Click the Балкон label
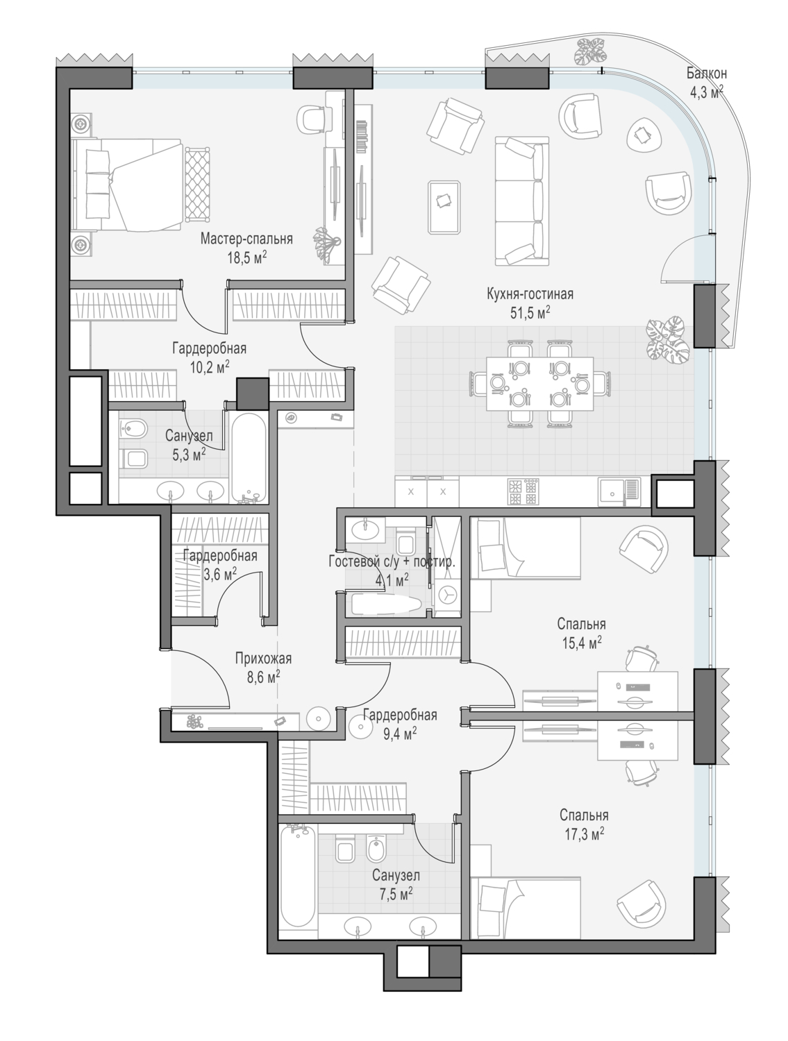tap(706, 74)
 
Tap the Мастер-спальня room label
tap(246, 239)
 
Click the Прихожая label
tap(263, 659)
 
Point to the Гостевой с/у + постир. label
tap(392, 562)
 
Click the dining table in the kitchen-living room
tap(540, 384)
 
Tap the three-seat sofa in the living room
tap(522, 201)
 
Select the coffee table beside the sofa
tap(444, 207)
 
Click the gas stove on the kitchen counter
tap(523, 491)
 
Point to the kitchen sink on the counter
tap(619, 491)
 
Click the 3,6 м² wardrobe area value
tap(220, 575)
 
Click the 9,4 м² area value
tap(400, 734)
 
